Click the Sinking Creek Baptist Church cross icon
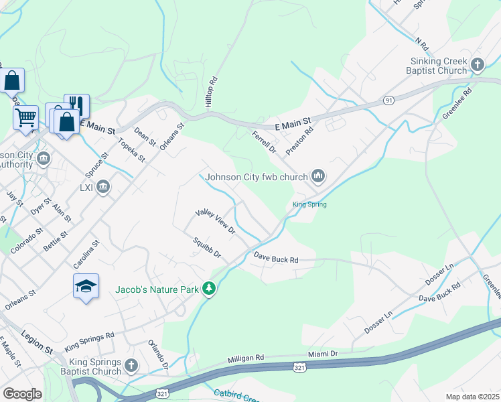[478, 65]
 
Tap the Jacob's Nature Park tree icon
[210, 289]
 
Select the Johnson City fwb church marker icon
[318, 177]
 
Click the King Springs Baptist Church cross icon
[131, 366]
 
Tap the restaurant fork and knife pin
[76, 105]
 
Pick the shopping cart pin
[26, 118]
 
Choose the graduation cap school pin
[86, 286]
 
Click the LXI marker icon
[103, 186]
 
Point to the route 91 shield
[388, 100]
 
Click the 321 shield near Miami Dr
[301, 366]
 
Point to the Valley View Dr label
[216, 221]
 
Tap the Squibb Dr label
[206, 249]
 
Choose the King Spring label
[309, 204]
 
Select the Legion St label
[37, 341]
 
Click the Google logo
[23, 393]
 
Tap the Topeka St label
[131, 149]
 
